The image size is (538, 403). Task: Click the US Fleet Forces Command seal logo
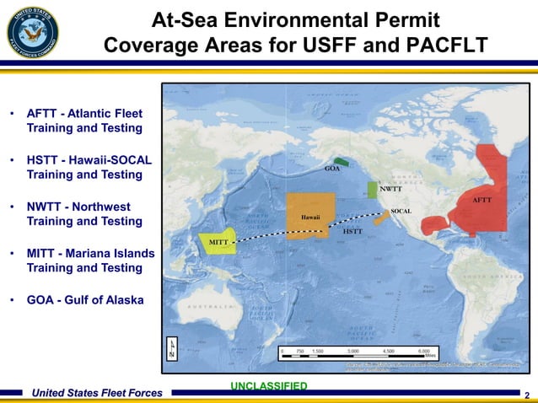[x=34, y=32]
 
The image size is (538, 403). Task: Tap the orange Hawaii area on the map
[x=309, y=215]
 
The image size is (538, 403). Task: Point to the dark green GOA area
[x=341, y=160]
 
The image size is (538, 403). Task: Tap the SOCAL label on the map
[x=401, y=209]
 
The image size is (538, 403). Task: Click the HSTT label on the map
[x=353, y=230]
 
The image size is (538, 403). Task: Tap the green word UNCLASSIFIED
[x=268, y=386]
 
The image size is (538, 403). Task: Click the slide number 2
[x=527, y=395]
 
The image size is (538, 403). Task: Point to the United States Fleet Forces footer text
[x=96, y=392]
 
